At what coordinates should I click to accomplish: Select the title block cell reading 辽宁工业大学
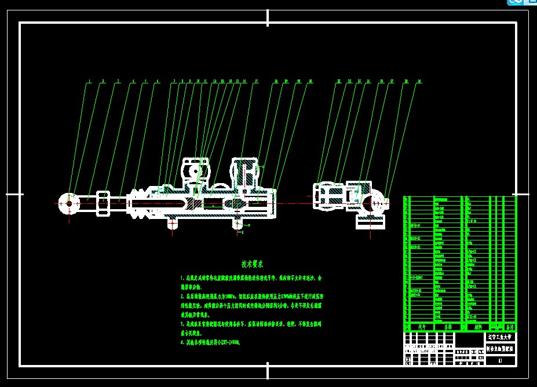500,337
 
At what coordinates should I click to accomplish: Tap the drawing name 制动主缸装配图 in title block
500,349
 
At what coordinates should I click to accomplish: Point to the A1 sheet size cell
500,360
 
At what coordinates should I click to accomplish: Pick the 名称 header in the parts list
448,327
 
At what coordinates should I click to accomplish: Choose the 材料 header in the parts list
477,327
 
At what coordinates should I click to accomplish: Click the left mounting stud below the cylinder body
171,223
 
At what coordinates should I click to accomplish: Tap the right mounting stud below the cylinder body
238,223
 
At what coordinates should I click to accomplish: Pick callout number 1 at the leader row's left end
89,82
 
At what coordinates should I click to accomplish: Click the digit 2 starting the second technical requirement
181,295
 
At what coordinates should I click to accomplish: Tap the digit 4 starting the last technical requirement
181,343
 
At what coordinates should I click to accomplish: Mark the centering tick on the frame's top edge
268,17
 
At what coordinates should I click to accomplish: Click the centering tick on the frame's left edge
14,194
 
